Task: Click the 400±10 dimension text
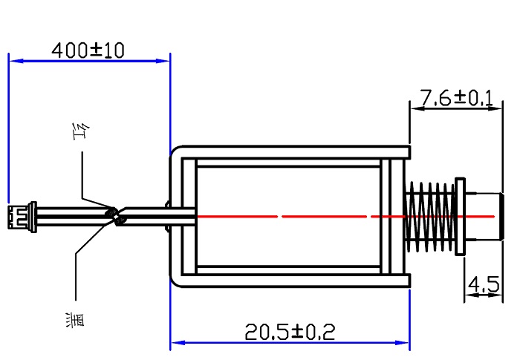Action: (x=88, y=50)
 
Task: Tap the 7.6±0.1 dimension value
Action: (x=457, y=98)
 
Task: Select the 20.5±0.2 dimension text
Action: (x=290, y=332)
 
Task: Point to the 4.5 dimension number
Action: (x=484, y=284)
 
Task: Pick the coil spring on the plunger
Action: (x=430, y=217)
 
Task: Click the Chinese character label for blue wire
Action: (x=75, y=320)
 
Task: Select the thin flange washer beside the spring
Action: (x=460, y=217)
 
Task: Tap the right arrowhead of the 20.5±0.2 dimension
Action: (x=403, y=342)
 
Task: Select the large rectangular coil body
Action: (x=288, y=217)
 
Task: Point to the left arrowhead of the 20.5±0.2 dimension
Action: (x=178, y=342)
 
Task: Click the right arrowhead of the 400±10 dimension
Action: (x=163, y=61)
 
